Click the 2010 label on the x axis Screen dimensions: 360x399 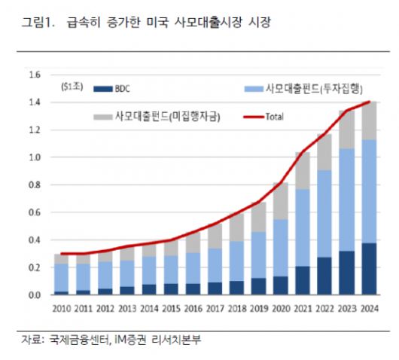point(62,309)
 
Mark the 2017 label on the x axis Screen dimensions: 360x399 point(215,309)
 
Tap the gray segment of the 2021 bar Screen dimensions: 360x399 point(303,170)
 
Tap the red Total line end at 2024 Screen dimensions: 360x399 point(369,102)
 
